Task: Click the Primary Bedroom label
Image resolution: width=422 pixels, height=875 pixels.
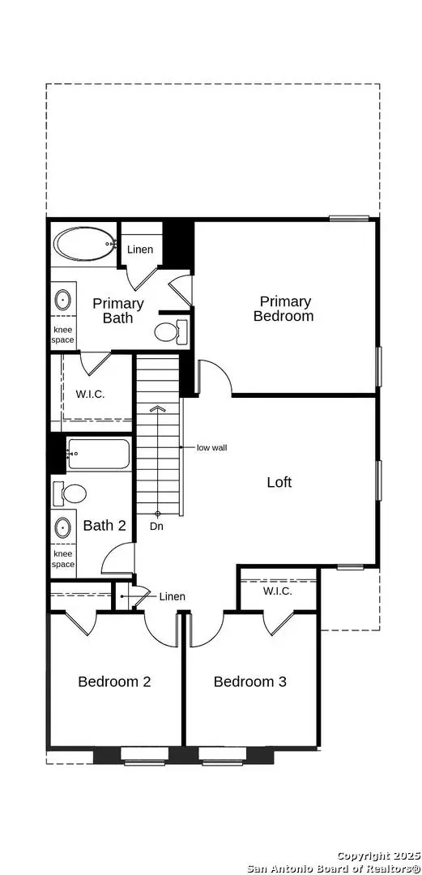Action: (x=283, y=309)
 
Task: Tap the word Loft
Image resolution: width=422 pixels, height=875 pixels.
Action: (x=279, y=482)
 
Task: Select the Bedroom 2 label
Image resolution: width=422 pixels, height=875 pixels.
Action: (x=114, y=681)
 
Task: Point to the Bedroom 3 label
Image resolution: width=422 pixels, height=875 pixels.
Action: (x=250, y=681)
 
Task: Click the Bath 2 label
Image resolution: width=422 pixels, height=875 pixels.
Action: (x=104, y=525)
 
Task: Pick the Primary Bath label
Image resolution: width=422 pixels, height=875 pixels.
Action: (x=118, y=310)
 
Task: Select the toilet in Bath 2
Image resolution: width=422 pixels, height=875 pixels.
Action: (x=70, y=493)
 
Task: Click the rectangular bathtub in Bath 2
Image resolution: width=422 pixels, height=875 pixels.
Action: (x=99, y=455)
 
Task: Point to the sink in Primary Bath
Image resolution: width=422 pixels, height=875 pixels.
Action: (x=62, y=301)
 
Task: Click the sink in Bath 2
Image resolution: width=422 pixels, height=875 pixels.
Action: (x=62, y=527)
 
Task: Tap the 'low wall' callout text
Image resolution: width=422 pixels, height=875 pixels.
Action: (x=212, y=447)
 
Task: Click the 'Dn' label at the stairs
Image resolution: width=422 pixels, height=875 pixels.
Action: (x=157, y=527)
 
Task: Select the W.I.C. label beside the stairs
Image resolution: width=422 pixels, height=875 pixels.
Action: (x=91, y=394)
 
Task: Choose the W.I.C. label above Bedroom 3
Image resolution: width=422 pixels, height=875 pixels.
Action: (x=278, y=591)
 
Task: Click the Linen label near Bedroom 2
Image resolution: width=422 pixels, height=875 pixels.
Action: (x=172, y=596)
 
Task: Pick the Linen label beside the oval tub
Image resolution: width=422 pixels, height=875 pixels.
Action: (x=139, y=250)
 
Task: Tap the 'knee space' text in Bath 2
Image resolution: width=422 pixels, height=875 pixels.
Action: (x=63, y=559)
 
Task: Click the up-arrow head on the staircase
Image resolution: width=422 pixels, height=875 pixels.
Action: (x=158, y=409)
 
